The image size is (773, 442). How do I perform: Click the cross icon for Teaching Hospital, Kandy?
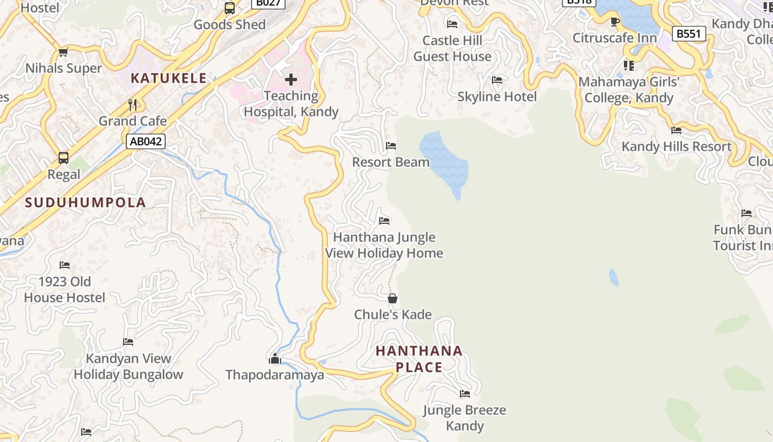click(291, 80)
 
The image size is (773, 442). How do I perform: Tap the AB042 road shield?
click(146, 141)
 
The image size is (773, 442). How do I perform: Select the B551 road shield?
click(689, 34)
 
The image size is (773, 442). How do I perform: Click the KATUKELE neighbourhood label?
click(168, 78)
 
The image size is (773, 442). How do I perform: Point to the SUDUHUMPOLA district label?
click(86, 203)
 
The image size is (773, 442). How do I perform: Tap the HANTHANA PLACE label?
click(419, 359)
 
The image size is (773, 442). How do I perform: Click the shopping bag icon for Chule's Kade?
click(393, 299)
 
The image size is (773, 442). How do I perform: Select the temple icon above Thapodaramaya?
click(274, 359)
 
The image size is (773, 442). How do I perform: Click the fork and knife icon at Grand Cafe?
click(133, 105)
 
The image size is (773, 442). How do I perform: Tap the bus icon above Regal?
click(63, 158)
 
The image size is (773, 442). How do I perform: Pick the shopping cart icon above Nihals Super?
click(63, 52)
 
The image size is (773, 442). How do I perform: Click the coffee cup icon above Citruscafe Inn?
click(615, 22)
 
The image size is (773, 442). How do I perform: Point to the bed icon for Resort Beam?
click(391, 146)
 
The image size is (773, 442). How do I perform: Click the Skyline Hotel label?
click(497, 97)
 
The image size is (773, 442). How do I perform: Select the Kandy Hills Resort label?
click(676, 146)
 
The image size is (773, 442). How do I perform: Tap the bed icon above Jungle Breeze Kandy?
click(465, 394)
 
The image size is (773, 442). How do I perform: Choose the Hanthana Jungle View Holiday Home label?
click(384, 245)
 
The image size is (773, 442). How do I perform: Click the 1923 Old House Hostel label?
click(65, 290)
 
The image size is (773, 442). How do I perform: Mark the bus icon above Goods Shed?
click(230, 8)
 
